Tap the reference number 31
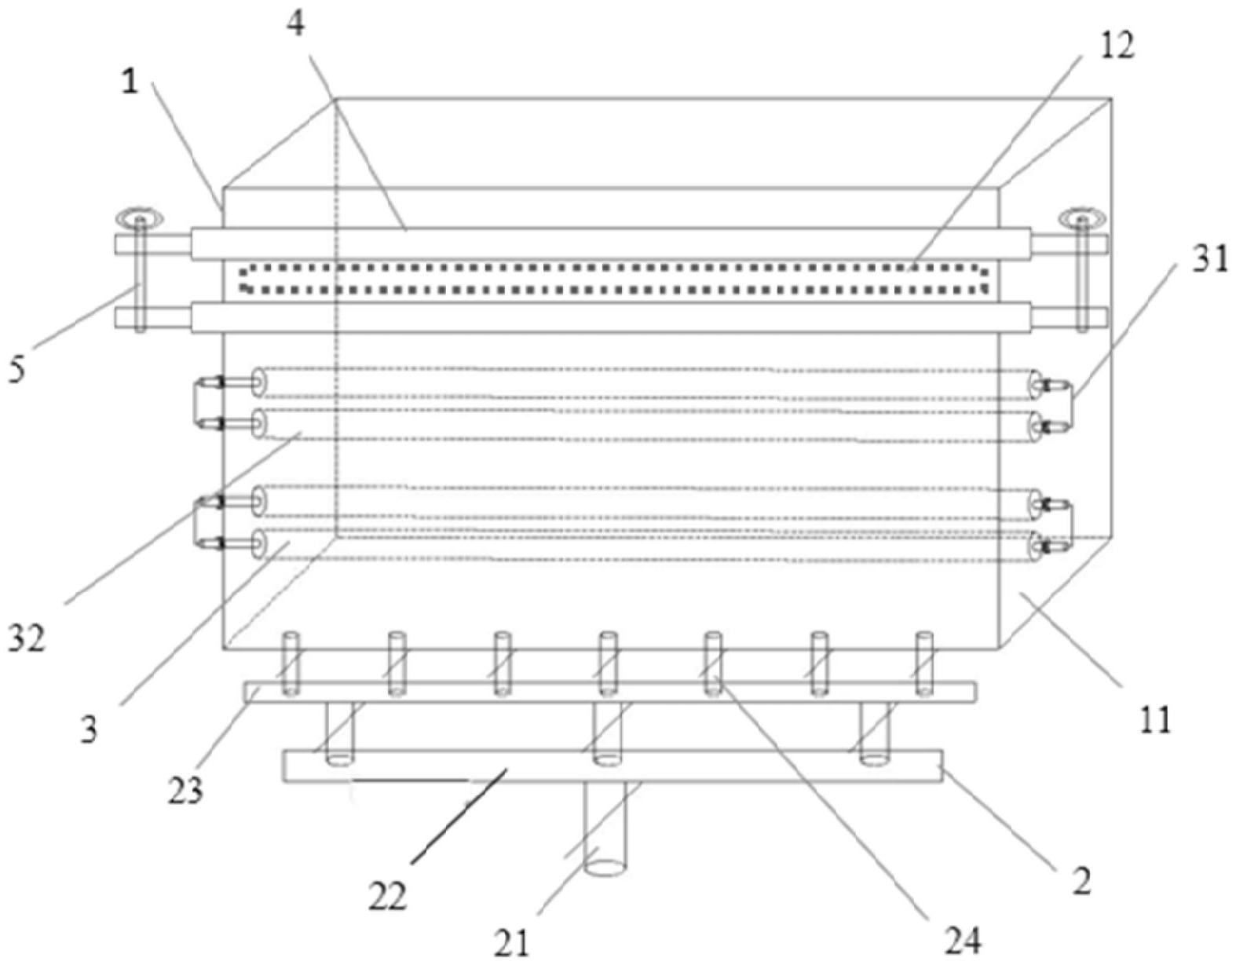1209,258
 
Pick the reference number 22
388,895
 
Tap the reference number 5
16,367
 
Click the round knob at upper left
140,216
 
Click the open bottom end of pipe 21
606,868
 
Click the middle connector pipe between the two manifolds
606,730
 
